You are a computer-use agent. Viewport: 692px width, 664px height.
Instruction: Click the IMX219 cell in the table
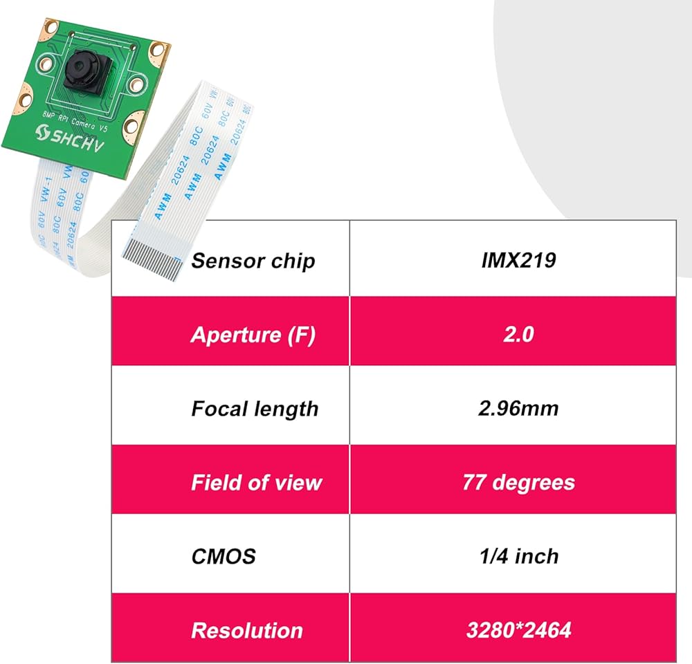(x=518, y=261)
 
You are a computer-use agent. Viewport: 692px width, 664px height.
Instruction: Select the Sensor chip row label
(x=253, y=261)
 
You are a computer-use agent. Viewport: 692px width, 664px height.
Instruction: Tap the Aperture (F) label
(x=253, y=335)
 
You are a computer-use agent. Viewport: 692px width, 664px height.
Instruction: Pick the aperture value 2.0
(x=518, y=335)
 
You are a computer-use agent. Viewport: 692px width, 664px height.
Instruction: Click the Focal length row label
(x=255, y=409)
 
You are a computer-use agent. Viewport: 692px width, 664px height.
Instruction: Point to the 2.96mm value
(x=518, y=409)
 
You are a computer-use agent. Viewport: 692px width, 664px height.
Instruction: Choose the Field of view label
(x=256, y=482)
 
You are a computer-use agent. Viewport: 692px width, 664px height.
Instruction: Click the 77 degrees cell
(x=518, y=482)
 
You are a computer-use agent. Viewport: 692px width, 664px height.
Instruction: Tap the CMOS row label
(x=223, y=556)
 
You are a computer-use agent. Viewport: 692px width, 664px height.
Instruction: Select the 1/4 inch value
(x=518, y=556)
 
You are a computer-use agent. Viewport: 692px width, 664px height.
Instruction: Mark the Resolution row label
(x=246, y=630)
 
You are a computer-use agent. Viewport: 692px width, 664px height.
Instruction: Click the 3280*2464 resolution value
(x=518, y=630)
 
